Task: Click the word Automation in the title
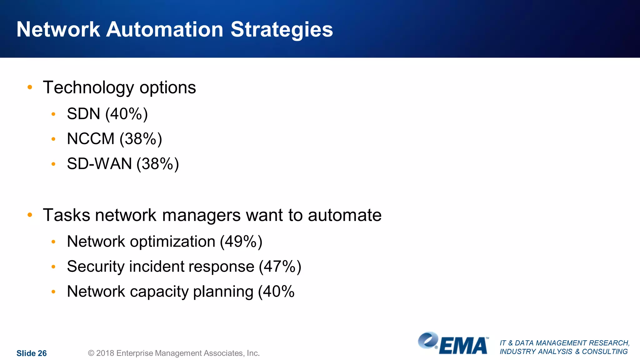click(165, 29)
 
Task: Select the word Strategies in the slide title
click(282, 30)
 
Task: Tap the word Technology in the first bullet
click(88, 88)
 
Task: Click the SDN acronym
click(83, 114)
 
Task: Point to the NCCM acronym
click(91, 139)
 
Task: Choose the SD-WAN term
click(99, 164)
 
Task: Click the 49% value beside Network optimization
click(241, 242)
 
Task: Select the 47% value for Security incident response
click(280, 267)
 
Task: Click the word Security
click(96, 267)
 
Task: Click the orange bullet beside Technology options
click(30, 87)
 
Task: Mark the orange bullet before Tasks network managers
click(30, 215)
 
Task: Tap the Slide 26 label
click(32, 353)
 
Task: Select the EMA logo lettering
click(463, 346)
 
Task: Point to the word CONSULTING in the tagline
click(604, 352)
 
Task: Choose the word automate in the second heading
click(344, 215)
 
